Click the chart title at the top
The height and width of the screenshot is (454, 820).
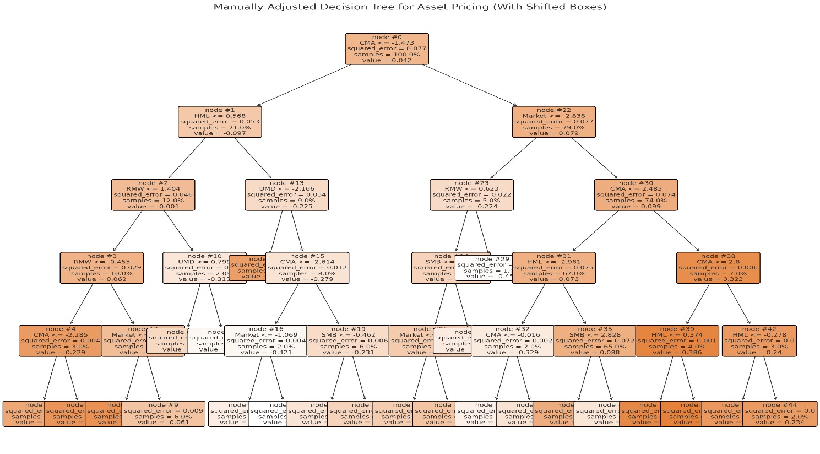click(410, 7)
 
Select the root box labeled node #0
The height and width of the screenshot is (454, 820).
click(387, 49)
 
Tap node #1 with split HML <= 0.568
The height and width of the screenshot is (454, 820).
click(220, 122)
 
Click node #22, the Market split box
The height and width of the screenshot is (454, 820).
click(553, 122)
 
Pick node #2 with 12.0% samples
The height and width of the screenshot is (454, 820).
click(153, 195)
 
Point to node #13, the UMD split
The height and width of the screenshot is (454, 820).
click(286, 195)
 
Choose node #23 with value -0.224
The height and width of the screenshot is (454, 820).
click(471, 195)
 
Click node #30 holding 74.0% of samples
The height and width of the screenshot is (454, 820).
click(636, 195)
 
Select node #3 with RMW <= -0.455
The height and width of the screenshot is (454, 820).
click(102, 268)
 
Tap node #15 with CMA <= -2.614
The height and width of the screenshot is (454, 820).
click(307, 268)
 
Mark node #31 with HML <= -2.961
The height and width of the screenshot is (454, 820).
click(553, 268)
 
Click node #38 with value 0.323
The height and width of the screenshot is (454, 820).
click(718, 268)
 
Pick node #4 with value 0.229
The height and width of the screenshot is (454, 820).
click(60, 341)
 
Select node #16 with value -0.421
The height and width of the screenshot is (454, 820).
click(265, 341)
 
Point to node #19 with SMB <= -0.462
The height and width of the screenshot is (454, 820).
click(348, 341)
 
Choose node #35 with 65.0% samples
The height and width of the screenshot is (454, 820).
click(595, 341)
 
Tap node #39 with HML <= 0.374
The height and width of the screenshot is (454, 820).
click(677, 341)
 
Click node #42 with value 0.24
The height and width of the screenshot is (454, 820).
click(759, 341)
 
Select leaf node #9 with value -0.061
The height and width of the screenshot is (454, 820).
click(163, 414)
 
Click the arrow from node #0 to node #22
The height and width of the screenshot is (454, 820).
click(470, 85)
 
